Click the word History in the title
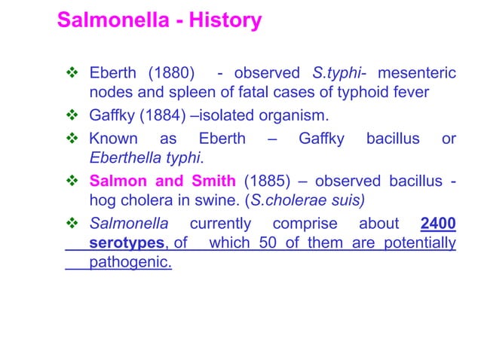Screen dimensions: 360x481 click(225, 21)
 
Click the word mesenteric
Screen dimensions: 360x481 click(416, 74)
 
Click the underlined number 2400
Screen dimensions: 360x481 click(437, 224)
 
